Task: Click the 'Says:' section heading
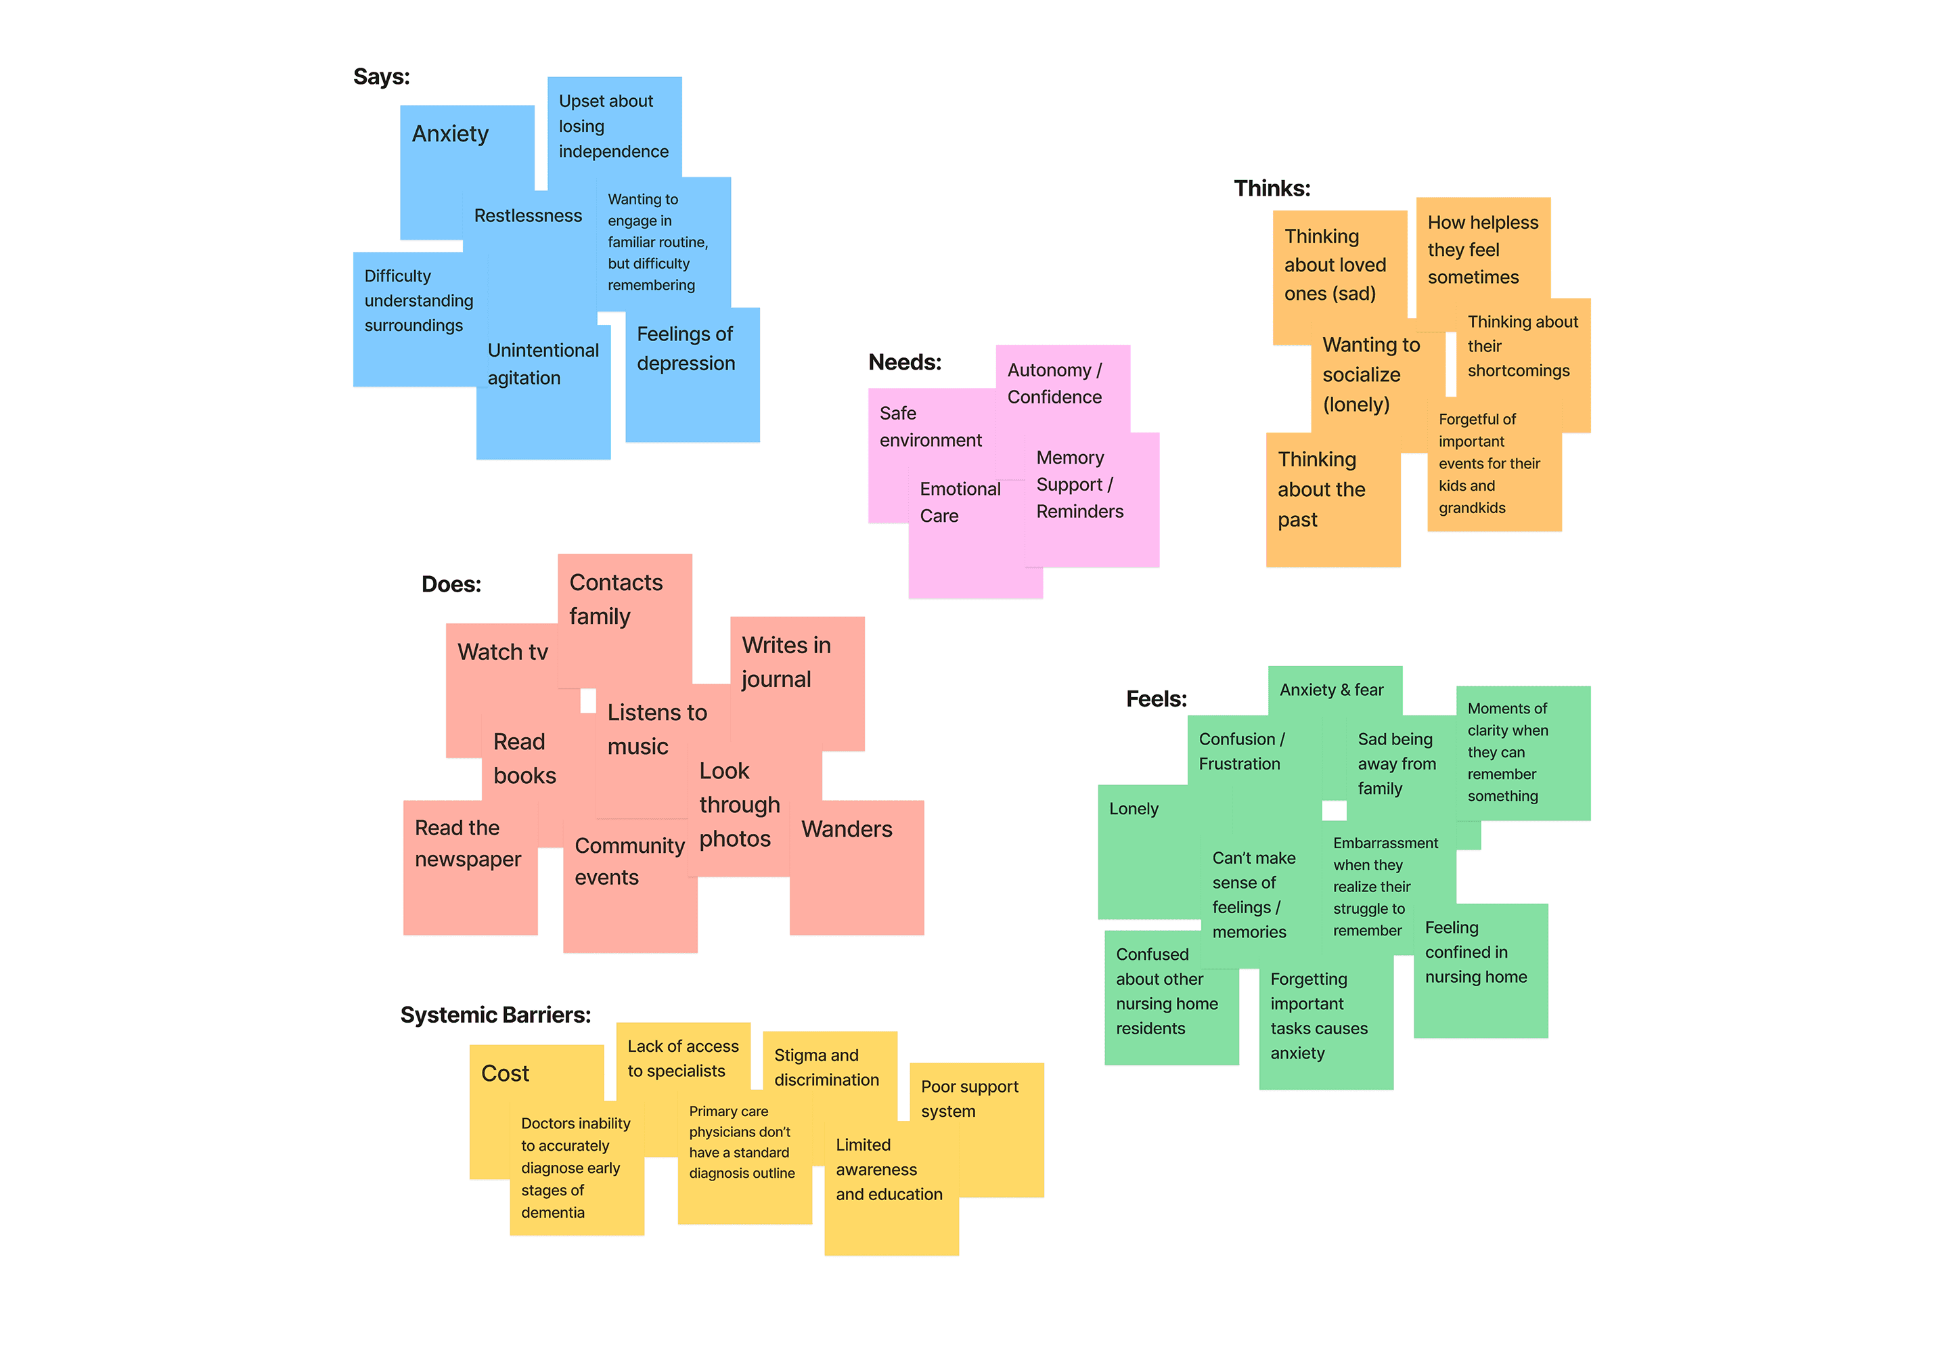pos(381,77)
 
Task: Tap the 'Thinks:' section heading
pos(1272,188)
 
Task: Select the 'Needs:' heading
pos(905,362)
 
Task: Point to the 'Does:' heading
pos(451,584)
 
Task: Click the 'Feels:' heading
pos(1156,699)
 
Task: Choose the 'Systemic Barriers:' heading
pos(495,1015)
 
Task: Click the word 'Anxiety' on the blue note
pos(450,134)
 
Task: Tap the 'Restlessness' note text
pos(528,216)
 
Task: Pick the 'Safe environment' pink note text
pos(931,426)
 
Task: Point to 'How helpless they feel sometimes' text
pos(1482,250)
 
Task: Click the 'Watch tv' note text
pos(503,652)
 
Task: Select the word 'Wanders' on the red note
pos(847,829)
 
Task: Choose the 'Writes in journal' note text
pos(786,662)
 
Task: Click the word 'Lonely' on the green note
pos(1134,809)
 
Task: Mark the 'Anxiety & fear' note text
pos(1331,690)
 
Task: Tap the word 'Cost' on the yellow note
pos(505,1074)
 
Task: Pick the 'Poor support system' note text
pos(969,1099)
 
